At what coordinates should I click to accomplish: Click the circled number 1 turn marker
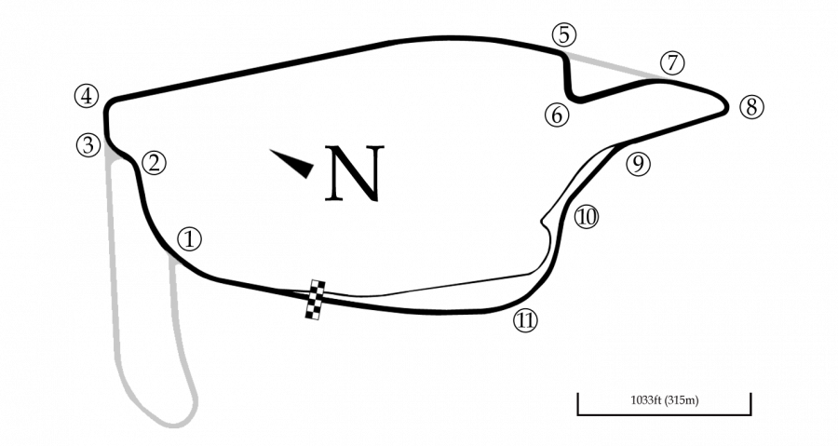(190, 239)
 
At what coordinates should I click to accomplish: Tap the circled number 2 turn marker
(154, 163)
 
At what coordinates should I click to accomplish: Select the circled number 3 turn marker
(88, 144)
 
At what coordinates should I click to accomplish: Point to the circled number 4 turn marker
(87, 97)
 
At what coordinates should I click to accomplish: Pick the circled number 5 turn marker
(564, 35)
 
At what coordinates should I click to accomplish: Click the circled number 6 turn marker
(557, 115)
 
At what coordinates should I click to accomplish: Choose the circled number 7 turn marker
(672, 63)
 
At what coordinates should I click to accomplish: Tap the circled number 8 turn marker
(751, 107)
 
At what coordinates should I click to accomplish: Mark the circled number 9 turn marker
(638, 164)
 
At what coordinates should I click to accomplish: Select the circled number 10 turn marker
(587, 217)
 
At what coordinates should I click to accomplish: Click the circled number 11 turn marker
(525, 320)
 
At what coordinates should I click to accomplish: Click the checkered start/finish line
(316, 300)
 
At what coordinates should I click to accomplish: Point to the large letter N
(355, 173)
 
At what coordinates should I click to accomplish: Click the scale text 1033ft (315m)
(664, 400)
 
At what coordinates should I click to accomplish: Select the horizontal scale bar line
(664, 413)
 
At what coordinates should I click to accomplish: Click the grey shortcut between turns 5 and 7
(615, 66)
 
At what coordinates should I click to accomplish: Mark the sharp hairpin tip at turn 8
(726, 106)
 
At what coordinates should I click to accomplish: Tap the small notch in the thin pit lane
(544, 220)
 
